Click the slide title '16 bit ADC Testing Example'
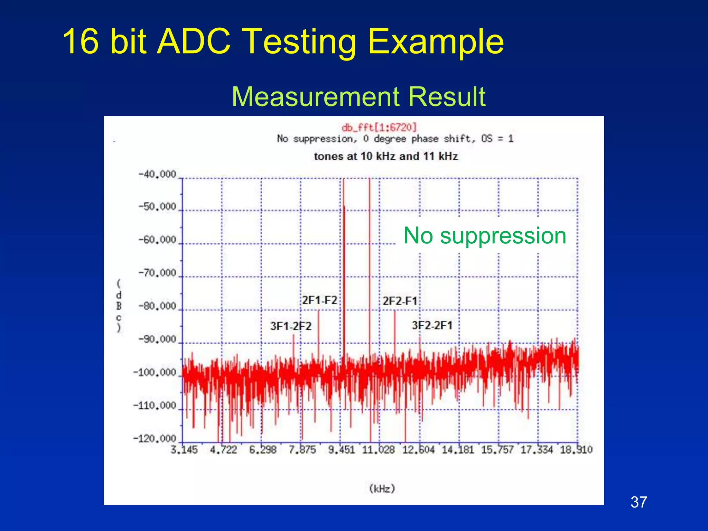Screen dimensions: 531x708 [283, 41]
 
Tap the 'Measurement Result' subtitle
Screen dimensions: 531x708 [358, 96]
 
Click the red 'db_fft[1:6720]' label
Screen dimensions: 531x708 [379, 127]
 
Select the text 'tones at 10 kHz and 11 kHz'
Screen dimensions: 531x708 [386, 156]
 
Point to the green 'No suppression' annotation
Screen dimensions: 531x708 [485, 235]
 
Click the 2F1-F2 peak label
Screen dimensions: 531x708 [319, 300]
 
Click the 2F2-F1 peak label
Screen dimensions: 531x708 [400, 301]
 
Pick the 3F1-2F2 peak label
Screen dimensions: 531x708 [291, 326]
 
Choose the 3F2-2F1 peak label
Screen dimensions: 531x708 [432, 325]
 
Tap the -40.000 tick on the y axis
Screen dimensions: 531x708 [158, 174]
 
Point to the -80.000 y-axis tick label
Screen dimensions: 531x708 [158, 306]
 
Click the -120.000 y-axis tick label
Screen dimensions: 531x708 [155, 439]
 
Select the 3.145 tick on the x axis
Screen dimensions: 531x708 [184, 450]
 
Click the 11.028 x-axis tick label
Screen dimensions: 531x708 [378, 450]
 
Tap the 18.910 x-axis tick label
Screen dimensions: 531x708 [576, 450]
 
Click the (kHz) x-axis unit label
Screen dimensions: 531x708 [382, 488]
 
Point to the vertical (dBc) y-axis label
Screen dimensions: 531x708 [119, 306]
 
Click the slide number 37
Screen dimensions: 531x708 [639, 502]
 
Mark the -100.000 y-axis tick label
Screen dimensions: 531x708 [155, 373]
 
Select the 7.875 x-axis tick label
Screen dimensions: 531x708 [302, 450]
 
